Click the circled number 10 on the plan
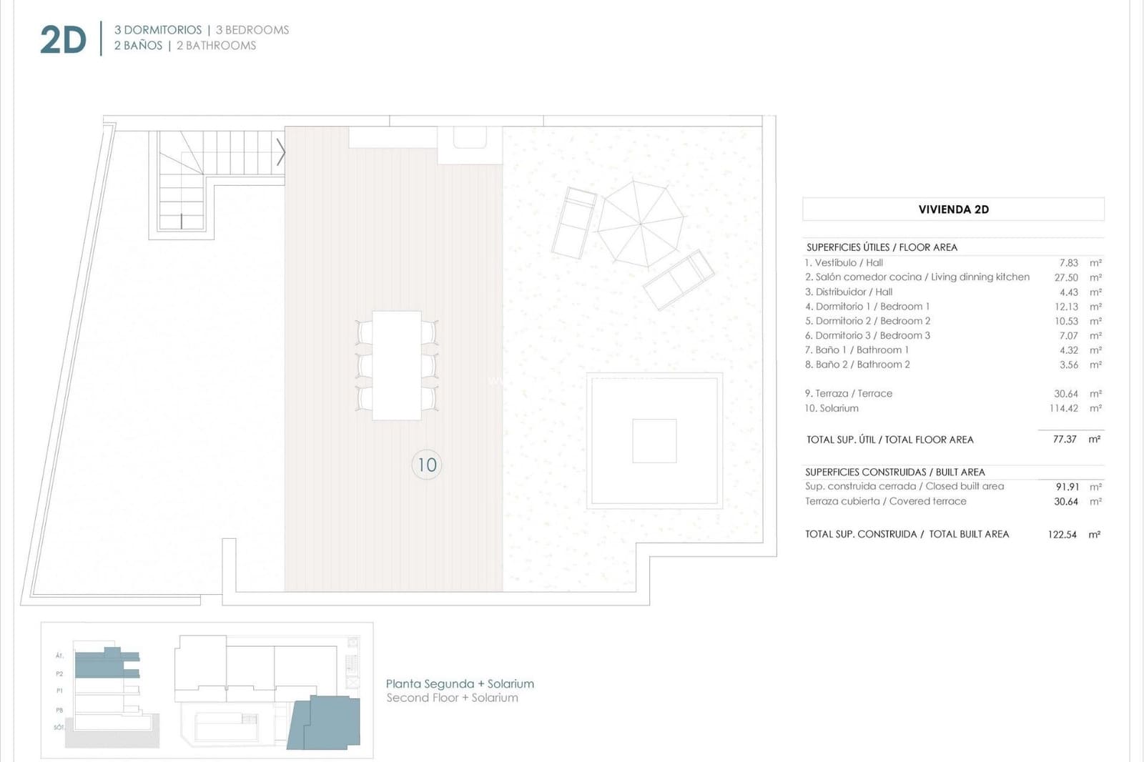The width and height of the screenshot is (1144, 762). (x=427, y=465)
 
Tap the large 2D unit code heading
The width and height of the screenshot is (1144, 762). (x=63, y=40)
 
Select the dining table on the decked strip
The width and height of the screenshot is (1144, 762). (x=397, y=365)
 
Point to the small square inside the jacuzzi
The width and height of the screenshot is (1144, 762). (x=654, y=441)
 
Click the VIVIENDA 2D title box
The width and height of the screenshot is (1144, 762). (x=953, y=209)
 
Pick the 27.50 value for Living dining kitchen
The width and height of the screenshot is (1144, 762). (x=1065, y=277)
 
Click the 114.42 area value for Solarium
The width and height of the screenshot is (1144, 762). (x=1063, y=408)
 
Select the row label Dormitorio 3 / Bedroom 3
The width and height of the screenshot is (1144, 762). (x=867, y=335)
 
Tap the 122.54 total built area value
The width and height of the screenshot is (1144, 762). (x=1062, y=534)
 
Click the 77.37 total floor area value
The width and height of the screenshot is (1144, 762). (x=1064, y=439)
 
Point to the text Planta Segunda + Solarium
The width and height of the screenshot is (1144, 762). (x=460, y=683)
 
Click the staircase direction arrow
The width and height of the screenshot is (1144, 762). (x=281, y=152)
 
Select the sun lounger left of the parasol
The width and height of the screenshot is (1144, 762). (x=574, y=223)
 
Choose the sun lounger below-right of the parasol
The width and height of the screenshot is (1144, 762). (x=678, y=279)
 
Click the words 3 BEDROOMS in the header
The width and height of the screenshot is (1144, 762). (x=252, y=30)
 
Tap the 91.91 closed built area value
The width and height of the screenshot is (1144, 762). (x=1067, y=487)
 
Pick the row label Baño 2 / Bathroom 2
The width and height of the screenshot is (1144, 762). (x=857, y=365)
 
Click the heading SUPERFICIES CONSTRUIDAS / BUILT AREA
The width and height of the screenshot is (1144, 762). (x=894, y=472)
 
